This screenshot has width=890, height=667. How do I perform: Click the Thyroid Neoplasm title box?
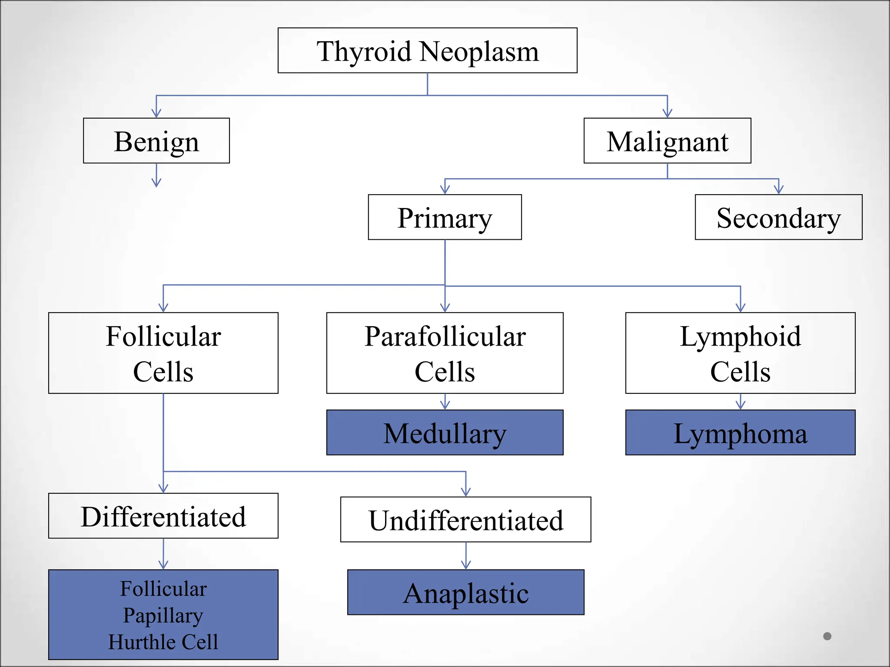[427, 50]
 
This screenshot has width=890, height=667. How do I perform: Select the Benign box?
[156, 141]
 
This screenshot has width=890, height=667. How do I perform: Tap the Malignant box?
[667, 141]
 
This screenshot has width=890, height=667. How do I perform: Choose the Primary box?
[445, 217]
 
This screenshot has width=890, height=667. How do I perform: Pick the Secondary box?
[778, 217]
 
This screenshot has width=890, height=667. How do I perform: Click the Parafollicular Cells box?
[445, 353]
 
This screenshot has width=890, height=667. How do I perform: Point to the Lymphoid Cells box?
[740, 353]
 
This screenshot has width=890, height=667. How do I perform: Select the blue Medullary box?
[445, 433]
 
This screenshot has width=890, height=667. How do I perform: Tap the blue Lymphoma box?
[740, 433]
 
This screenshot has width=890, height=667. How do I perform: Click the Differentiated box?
[163, 516]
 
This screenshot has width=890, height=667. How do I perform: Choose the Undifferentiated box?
[465, 519]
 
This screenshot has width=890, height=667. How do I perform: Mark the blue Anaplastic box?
[465, 592]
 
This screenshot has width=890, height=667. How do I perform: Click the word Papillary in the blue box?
[163, 615]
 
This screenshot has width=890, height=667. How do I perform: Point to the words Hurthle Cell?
[163, 642]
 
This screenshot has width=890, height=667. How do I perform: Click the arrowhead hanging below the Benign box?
[156, 182]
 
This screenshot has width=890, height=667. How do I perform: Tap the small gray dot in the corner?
[827, 636]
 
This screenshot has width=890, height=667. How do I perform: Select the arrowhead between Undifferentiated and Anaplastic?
[466, 565]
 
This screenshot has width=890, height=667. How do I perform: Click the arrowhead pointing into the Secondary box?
[779, 189]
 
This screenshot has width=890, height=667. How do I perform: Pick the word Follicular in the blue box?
[163, 589]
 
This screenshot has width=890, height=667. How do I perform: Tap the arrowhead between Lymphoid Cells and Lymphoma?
[741, 405]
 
